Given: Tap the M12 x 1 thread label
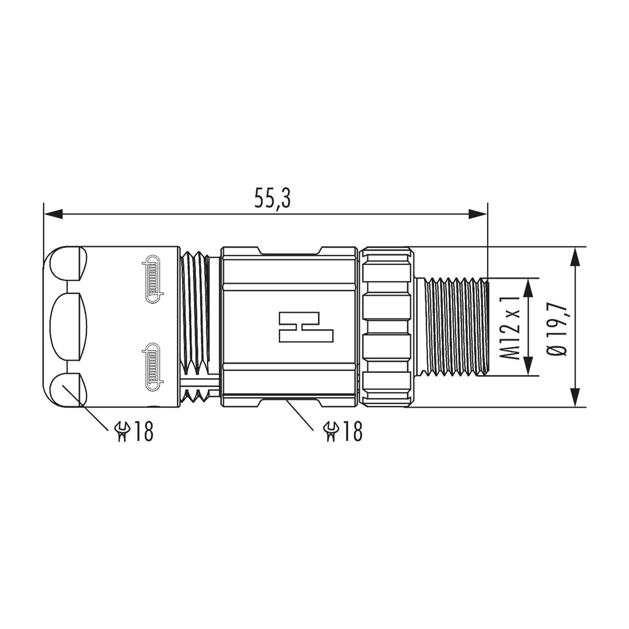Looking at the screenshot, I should point(511,327).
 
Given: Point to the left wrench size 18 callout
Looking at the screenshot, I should point(135,431).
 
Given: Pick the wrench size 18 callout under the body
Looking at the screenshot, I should point(343,431).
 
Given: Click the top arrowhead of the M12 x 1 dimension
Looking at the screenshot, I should point(528,287).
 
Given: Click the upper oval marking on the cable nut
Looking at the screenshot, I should point(154,279).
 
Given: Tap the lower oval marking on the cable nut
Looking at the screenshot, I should point(154,367).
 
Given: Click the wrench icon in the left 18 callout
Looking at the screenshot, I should point(122,431).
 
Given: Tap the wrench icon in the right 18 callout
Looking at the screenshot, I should point(330,431).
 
